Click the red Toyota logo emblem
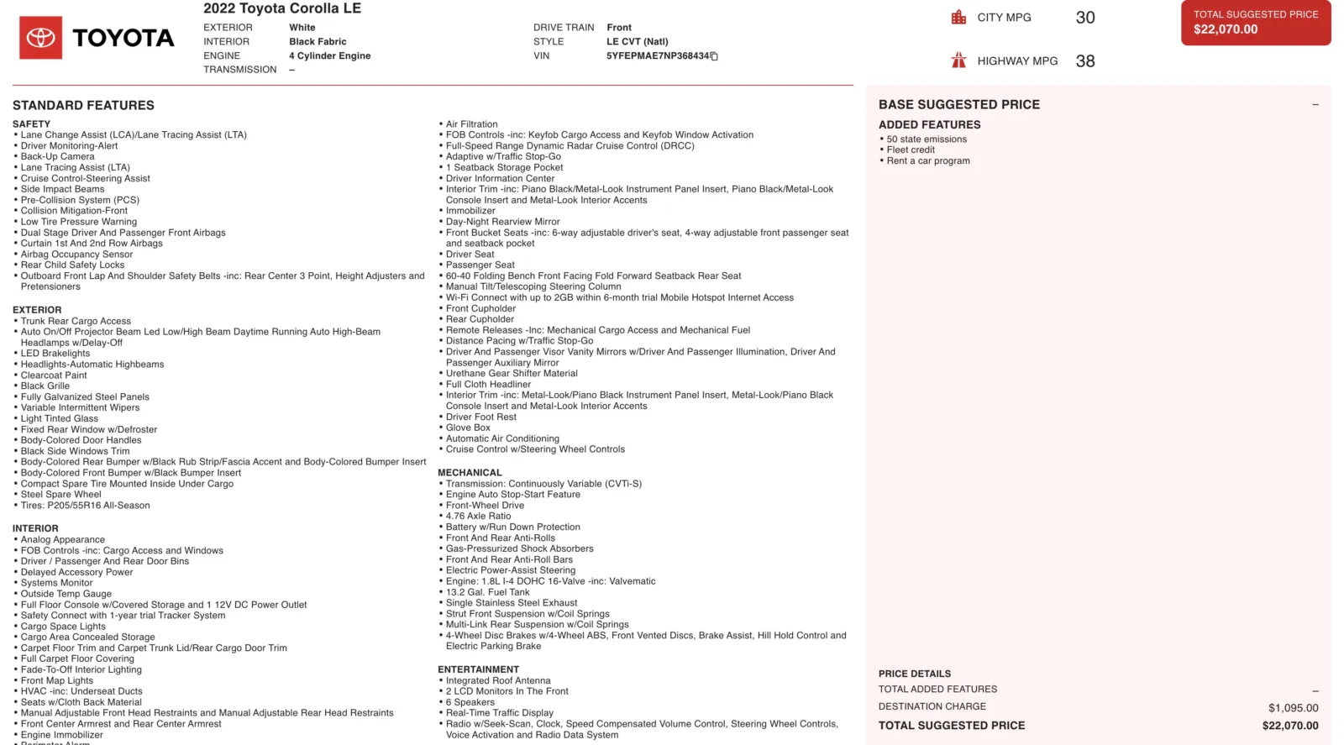click(x=40, y=38)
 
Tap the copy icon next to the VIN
click(x=714, y=56)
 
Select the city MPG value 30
click(x=1084, y=18)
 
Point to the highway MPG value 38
click(x=1084, y=61)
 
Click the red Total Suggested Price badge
click(x=1255, y=23)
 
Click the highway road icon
click(x=958, y=60)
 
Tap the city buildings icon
click(x=958, y=17)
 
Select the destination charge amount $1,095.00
click(x=1293, y=708)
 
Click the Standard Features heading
click(x=83, y=105)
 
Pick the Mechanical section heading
click(x=470, y=473)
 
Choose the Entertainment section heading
click(x=478, y=669)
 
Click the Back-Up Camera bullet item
click(x=57, y=156)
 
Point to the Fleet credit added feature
click(x=911, y=150)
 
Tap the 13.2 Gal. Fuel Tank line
click(x=487, y=592)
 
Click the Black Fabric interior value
click(x=318, y=41)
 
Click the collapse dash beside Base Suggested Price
click(x=1315, y=105)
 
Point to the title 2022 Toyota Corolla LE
click(x=282, y=8)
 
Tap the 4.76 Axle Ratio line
click(x=478, y=517)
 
